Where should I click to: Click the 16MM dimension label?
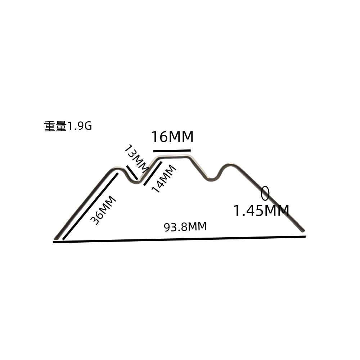click(172, 136)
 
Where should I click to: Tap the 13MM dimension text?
click(136, 159)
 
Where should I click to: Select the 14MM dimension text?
click(164, 179)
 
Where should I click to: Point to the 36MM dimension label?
click(103, 210)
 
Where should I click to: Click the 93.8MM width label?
click(185, 226)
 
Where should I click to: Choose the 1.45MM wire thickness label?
click(261, 211)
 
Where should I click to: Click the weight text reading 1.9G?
click(68, 126)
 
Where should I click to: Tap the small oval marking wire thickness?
click(265, 193)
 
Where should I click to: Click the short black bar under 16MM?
click(172, 150)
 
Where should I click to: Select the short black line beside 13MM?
click(132, 172)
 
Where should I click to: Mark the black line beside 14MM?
click(153, 174)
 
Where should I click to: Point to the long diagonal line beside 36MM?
click(90, 206)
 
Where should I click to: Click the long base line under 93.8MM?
click(179, 239)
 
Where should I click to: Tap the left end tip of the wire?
click(55, 238)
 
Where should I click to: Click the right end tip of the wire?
click(303, 230)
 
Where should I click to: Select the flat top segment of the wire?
click(174, 157)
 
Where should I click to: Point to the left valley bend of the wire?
click(136, 182)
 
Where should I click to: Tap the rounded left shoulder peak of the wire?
click(117, 168)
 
